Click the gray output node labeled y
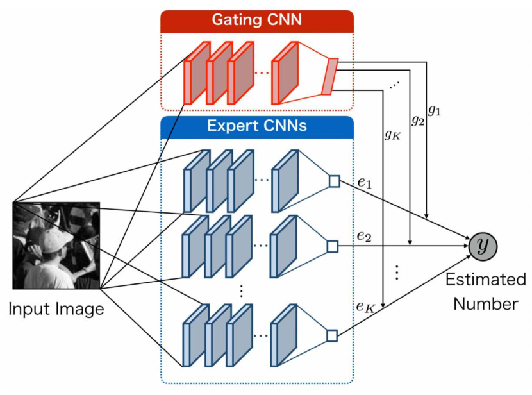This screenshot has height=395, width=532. pos(483,245)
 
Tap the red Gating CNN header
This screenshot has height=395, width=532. pos(256,20)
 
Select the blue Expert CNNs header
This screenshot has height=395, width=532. pos(256,126)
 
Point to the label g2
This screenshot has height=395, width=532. pos(417,120)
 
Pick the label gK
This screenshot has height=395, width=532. pos(392,134)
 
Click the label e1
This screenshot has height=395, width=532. pos(366,183)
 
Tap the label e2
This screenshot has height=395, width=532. pos(366,237)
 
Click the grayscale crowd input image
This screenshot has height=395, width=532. pos(56,246)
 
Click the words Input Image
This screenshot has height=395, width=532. pos(56,309)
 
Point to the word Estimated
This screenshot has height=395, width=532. pos(485,280)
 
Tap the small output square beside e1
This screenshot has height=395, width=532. pos(333,181)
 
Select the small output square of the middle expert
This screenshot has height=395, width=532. pos(332,245)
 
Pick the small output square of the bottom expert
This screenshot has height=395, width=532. pos(331,335)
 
